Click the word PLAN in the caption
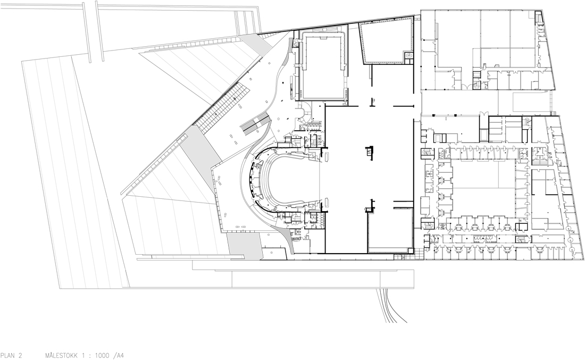tap(8, 356)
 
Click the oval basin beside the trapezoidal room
tap(410, 55)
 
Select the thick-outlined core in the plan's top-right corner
tap(539, 19)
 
